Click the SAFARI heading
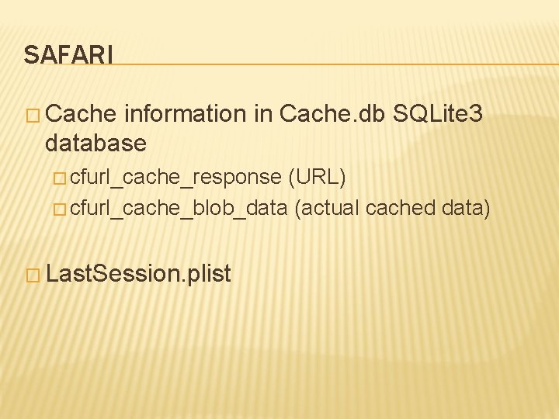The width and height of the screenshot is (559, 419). (68, 55)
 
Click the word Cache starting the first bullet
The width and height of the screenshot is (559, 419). (81, 114)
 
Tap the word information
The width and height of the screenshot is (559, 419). (185, 114)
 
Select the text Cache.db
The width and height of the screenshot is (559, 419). (332, 114)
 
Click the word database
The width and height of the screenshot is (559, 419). (95, 143)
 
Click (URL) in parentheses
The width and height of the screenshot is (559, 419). (317, 177)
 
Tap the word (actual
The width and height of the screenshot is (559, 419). (327, 208)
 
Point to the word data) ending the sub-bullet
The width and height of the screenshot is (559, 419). (465, 208)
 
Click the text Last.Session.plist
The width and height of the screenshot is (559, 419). (139, 273)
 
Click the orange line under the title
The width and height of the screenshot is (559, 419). (334, 64)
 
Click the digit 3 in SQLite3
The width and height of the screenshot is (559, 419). (477, 114)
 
